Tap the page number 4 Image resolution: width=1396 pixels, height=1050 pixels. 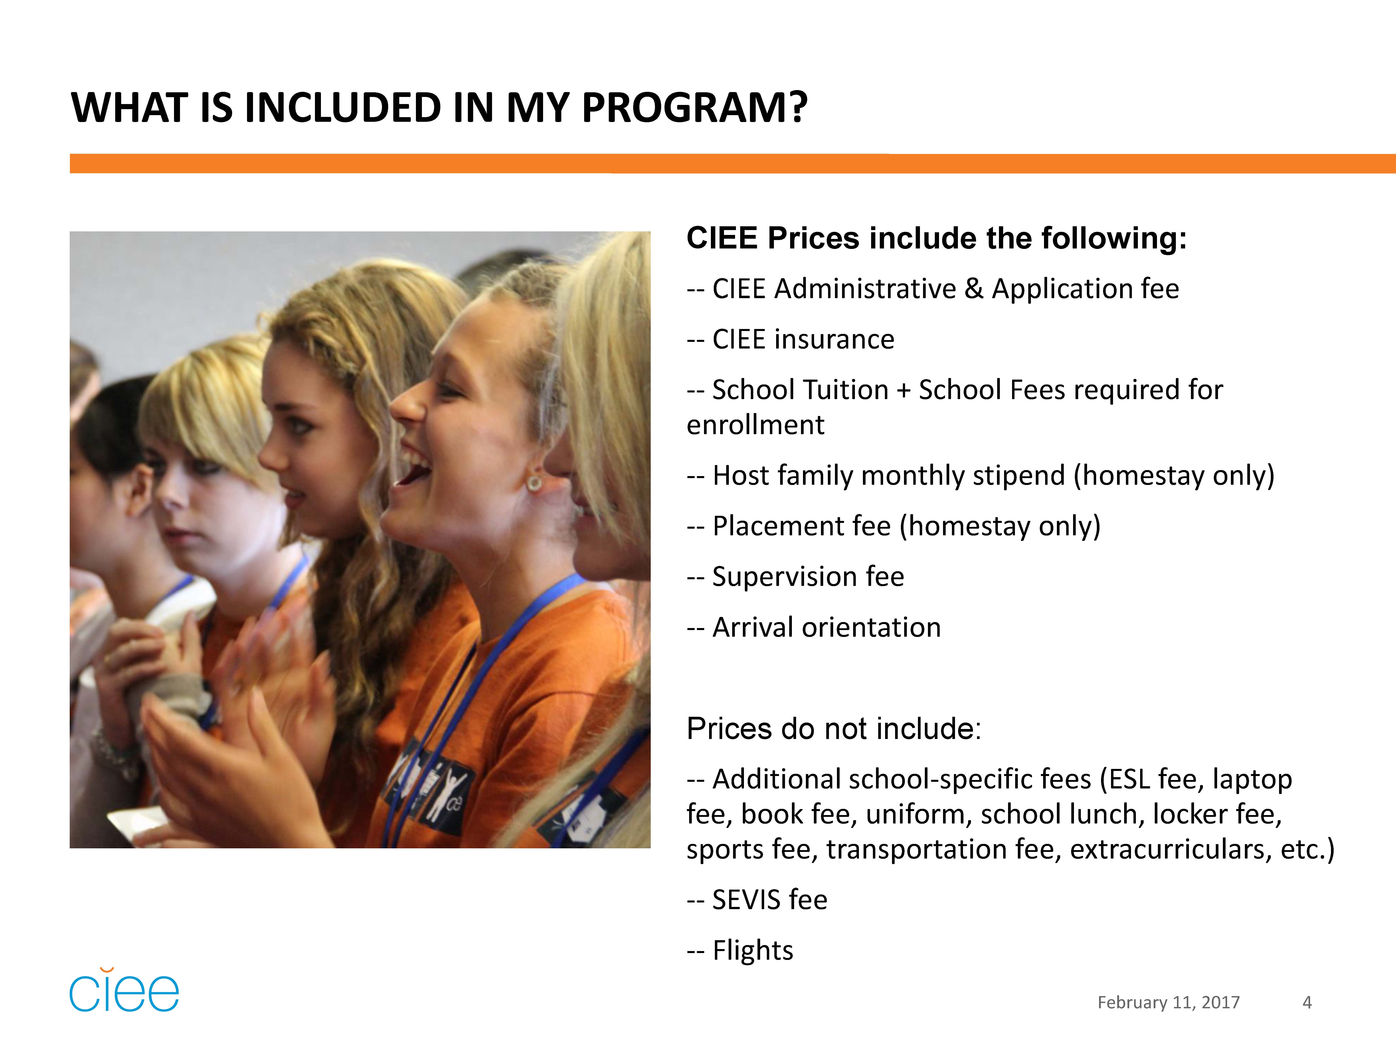pyautogui.click(x=1307, y=1002)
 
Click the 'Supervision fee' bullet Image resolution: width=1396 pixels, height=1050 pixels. pyautogui.click(x=795, y=577)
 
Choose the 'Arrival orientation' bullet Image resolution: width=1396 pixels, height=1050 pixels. pyautogui.click(x=813, y=627)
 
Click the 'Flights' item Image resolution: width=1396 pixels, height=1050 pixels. pyautogui.click(x=740, y=950)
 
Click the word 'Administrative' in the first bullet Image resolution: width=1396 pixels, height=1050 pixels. pyautogui.click(x=865, y=289)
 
